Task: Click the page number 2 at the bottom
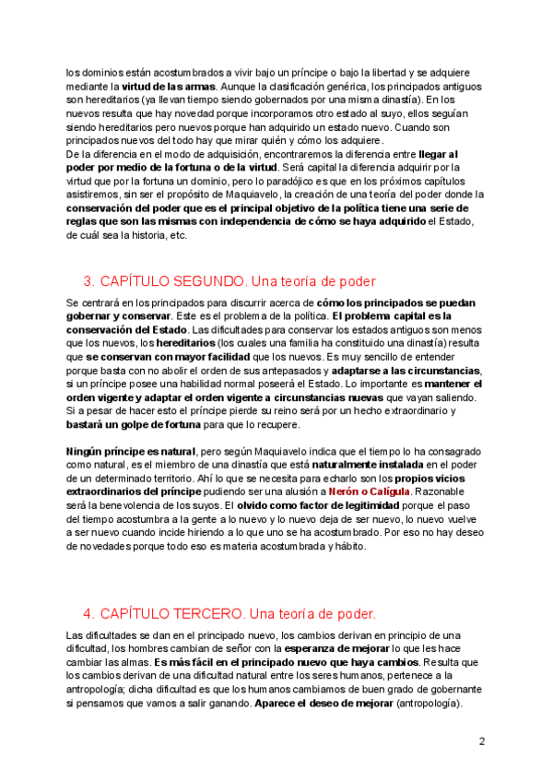coord(482,741)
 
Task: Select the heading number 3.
coord(88,280)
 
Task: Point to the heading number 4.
coord(88,613)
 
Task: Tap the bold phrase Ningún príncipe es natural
coord(131,452)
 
